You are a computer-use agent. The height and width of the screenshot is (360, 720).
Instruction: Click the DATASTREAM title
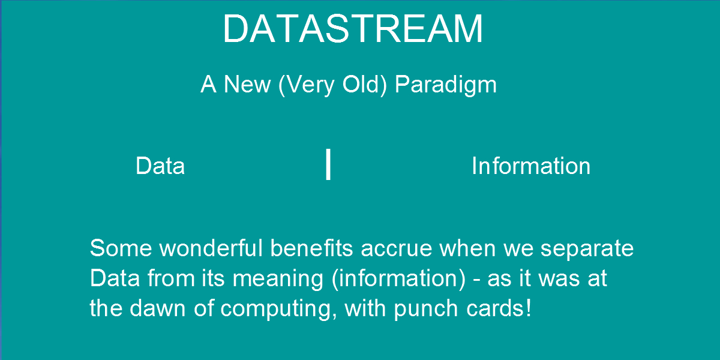point(353,29)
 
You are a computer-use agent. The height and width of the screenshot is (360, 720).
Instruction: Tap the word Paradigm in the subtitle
point(445,85)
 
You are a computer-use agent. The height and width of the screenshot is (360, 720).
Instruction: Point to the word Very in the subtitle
point(310,85)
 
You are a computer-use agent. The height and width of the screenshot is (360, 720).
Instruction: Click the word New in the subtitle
point(247,85)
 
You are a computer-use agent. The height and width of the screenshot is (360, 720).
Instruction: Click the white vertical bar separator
point(328,164)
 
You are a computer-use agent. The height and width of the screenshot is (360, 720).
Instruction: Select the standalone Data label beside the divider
point(160,166)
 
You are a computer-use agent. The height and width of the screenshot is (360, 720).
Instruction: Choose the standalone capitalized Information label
point(531,166)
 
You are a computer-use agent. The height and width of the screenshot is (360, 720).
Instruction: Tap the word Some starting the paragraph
point(121,248)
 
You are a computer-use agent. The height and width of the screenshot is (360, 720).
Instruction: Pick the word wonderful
point(211,248)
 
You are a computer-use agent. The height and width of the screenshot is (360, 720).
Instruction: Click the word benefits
point(311,248)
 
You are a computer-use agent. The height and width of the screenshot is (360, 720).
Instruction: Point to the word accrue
point(396,250)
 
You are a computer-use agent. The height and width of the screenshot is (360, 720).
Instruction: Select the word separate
point(587,250)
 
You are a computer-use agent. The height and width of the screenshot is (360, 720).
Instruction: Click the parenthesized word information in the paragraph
point(398,278)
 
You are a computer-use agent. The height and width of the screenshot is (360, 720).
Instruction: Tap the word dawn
point(157,308)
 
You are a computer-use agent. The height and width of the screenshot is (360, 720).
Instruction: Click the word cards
point(494,308)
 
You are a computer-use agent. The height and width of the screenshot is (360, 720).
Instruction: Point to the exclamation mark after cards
point(529,308)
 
